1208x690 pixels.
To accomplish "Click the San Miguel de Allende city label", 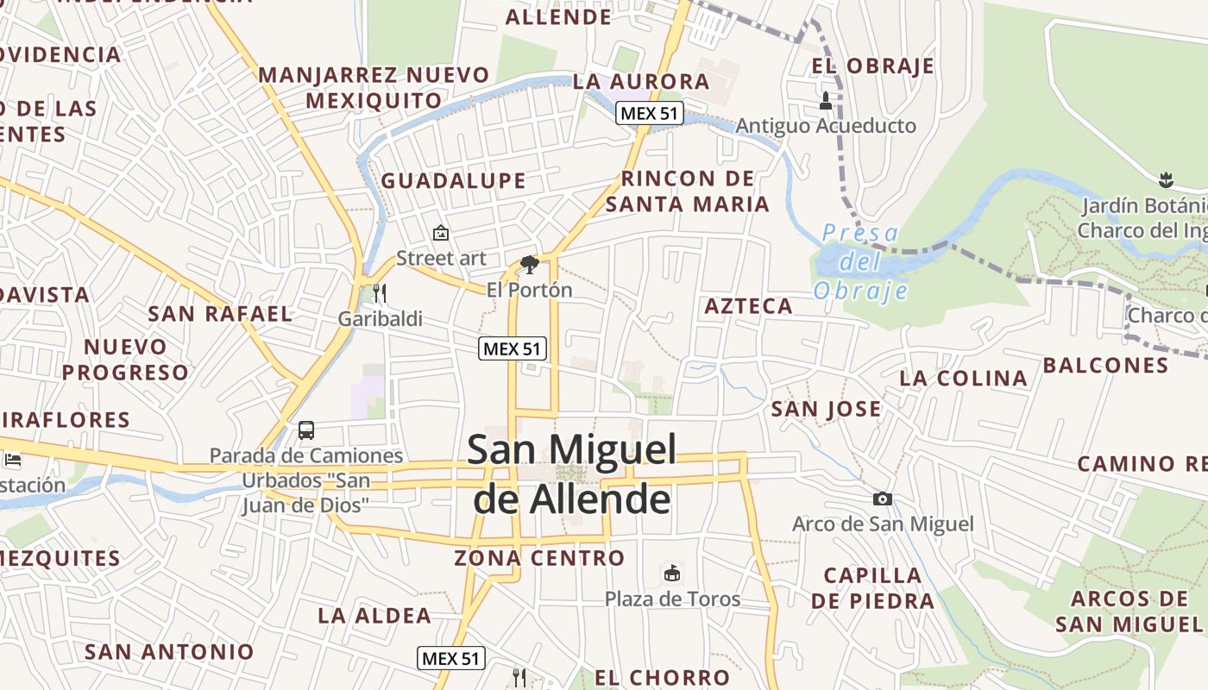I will (x=571, y=474).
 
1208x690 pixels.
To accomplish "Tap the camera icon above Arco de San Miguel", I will (x=882, y=499).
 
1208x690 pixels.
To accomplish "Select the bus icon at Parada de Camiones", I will (x=305, y=430).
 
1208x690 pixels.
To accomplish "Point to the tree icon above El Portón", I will (x=530, y=264).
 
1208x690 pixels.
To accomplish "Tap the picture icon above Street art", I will (x=441, y=232).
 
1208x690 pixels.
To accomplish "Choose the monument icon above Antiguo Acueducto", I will (x=826, y=101).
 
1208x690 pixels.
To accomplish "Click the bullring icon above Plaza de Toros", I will (x=672, y=572).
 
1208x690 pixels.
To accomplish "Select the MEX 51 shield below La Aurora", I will (x=650, y=113).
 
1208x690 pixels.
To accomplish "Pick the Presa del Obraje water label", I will (x=860, y=261).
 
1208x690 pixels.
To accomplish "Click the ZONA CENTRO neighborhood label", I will (x=539, y=558).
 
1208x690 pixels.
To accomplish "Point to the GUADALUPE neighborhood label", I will (x=453, y=180).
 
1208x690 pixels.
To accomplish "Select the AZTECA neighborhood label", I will (x=748, y=306).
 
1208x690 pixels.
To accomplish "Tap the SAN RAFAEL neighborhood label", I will (x=220, y=313).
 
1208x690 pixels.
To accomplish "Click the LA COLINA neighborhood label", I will (x=963, y=378).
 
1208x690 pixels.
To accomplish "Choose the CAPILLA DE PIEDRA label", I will (x=872, y=588).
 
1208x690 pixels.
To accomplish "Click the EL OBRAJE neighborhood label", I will (x=872, y=66).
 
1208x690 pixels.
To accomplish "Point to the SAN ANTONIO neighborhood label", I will (x=169, y=651).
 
